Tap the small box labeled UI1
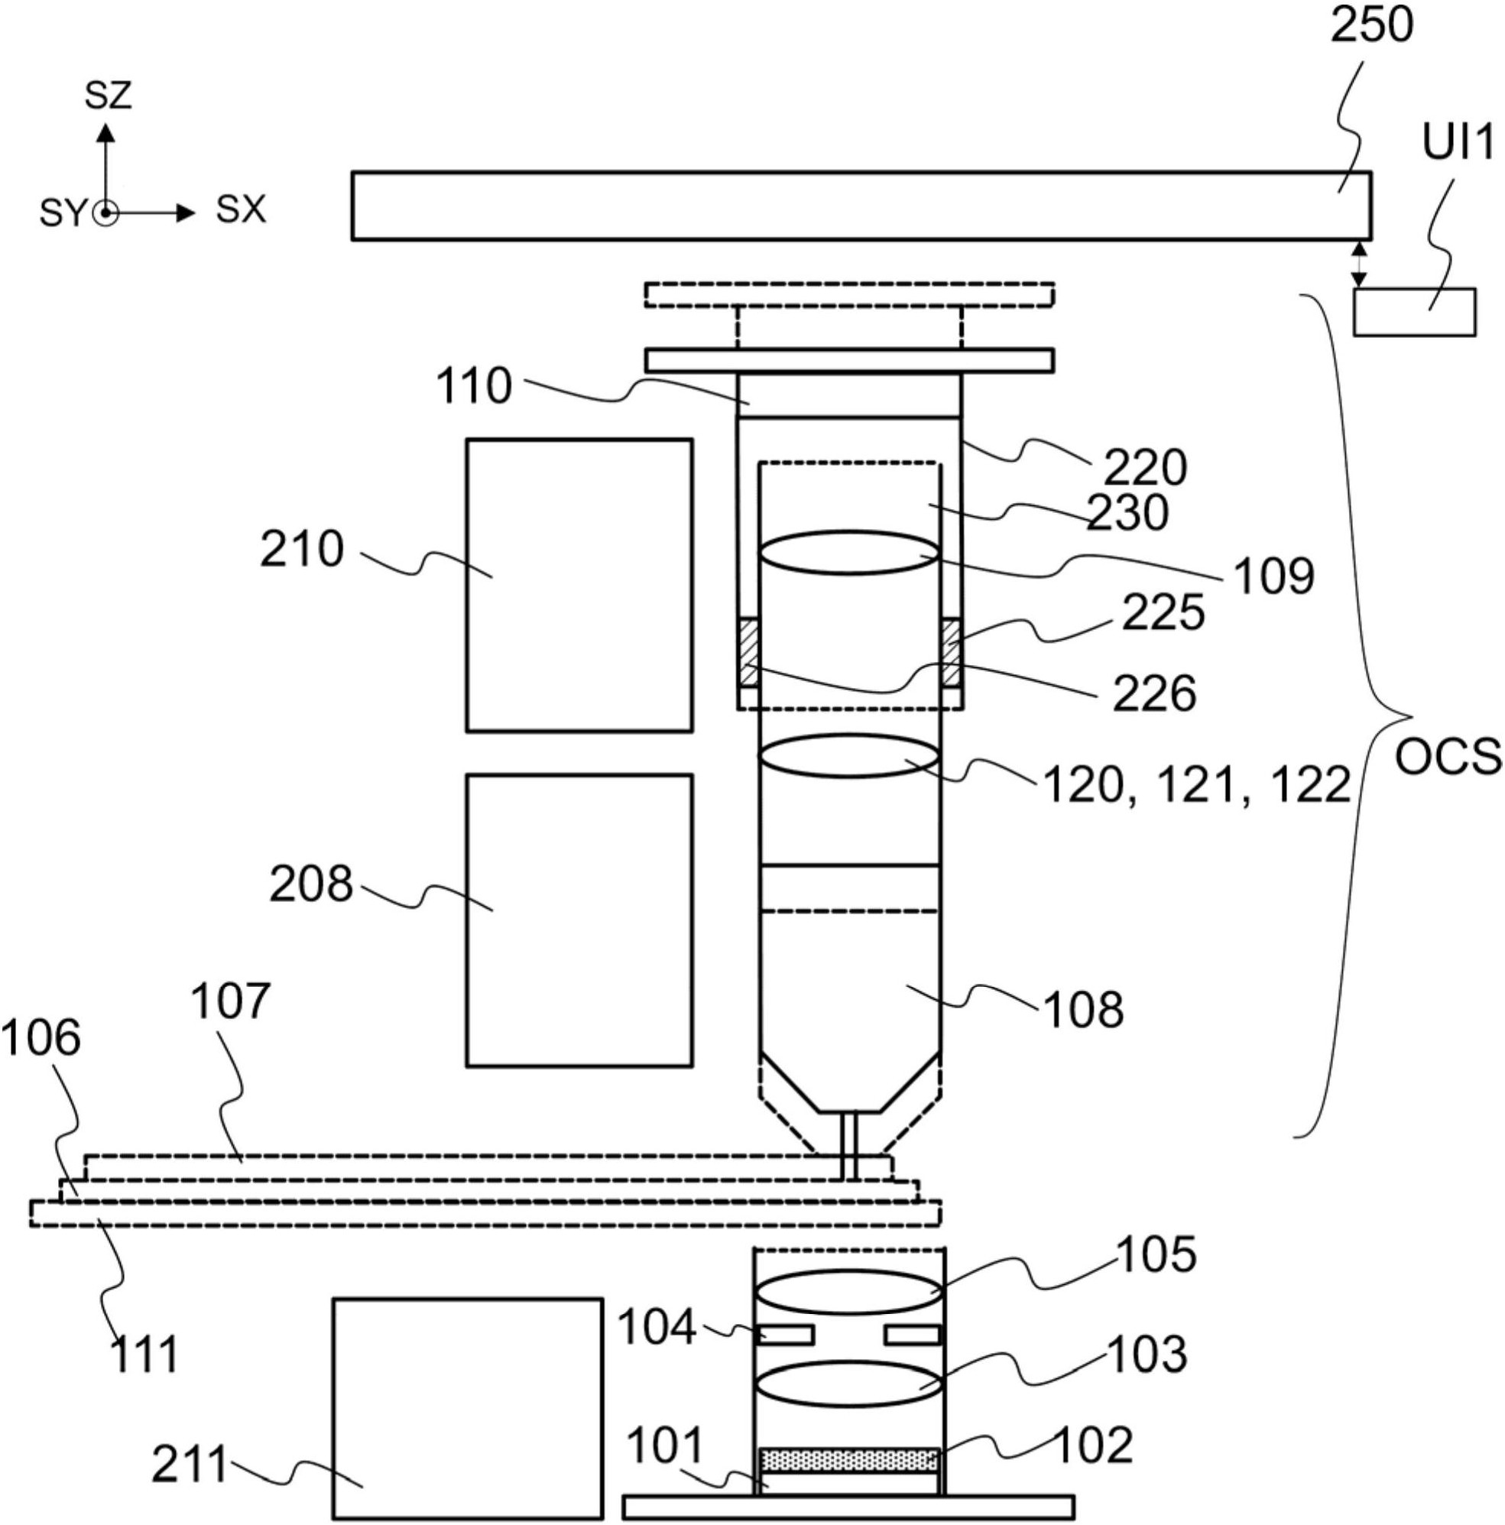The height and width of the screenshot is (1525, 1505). pyautogui.click(x=1414, y=312)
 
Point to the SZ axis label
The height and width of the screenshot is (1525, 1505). pyautogui.click(x=108, y=96)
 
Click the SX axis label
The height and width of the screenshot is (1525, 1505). pyautogui.click(x=241, y=210)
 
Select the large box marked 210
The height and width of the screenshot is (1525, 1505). pyautogui.click(x=579, y=585)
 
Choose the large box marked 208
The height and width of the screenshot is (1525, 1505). pyautogui.click(x=579, y=920)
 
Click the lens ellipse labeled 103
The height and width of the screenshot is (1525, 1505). pyautogui.click(x=849, y=1385)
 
